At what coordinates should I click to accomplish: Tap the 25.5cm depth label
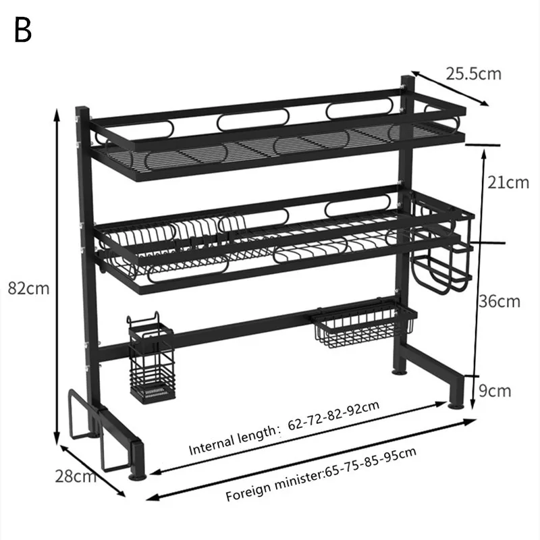pyautogui.click(x=473, y=73)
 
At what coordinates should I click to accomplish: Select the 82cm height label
pyautogui.click(x=28, y=288)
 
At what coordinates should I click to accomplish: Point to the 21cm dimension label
pyautogui.click(x=508, y=182)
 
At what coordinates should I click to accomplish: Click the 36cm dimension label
pyautogui.click(x=500, y=300)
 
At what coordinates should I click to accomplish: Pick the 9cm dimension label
pyautogui.click(x=494, y=390)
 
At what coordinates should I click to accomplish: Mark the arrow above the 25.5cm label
pyautogui.click(x=450, y=88)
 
